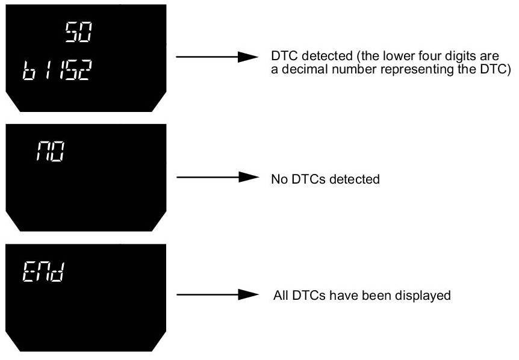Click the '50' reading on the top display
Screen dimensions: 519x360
click(78, 32)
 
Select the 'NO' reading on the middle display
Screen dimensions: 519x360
click(51, 151)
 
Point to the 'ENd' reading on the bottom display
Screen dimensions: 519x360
click(43, 272)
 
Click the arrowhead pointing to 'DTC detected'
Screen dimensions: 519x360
click(248, 57)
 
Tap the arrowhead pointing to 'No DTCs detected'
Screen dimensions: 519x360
click(249, 178)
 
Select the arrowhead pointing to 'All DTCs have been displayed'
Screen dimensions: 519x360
click(249, 294)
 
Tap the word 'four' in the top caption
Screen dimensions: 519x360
click(429, 55)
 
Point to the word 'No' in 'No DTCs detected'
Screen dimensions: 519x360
click(279, 179)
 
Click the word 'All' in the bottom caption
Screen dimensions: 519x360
click(281, 295)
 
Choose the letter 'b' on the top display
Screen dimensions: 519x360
click(29, 70)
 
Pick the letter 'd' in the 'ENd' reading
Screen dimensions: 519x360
click(58, 272)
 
